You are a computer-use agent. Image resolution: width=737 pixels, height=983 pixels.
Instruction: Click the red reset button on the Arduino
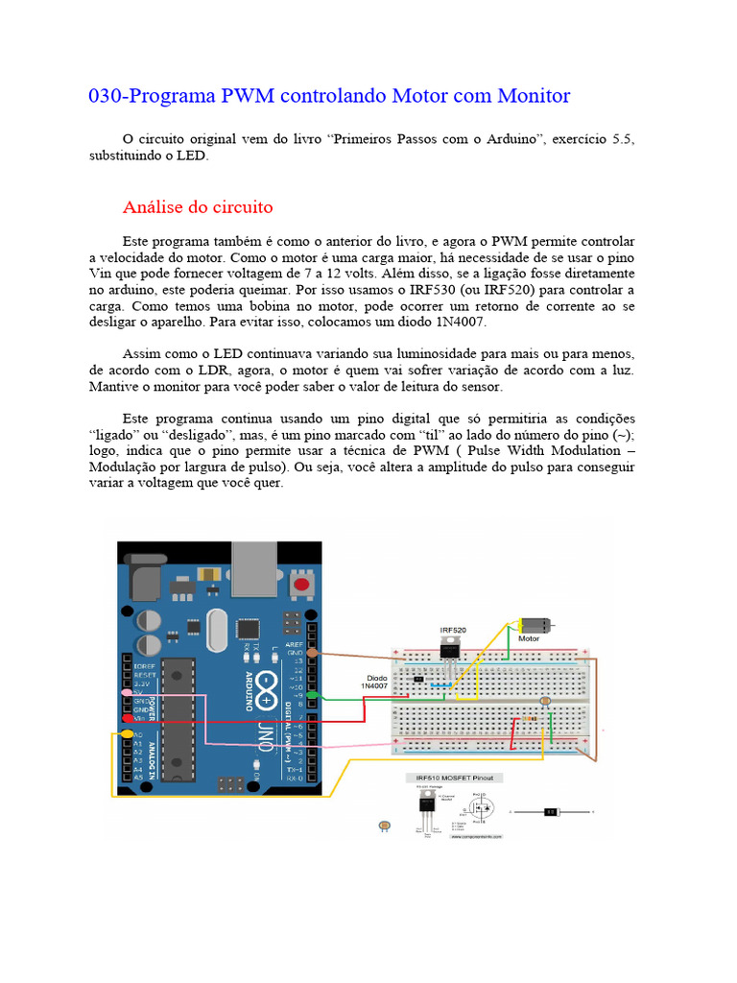click(304, 584)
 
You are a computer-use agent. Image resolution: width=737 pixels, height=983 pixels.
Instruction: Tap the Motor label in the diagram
click(529, 638)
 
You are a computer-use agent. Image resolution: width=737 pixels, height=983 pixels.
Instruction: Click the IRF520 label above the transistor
click(453, 630)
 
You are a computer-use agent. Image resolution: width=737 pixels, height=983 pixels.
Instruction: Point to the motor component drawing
click(534, 623)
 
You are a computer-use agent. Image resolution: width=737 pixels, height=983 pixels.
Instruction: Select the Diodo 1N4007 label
click(375, 681)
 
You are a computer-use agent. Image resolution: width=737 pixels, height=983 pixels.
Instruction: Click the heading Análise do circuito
click(198, 207)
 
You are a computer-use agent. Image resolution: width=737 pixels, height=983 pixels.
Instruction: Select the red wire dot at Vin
click(127, 718)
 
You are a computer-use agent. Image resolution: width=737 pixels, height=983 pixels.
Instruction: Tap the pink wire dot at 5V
click(127, 691)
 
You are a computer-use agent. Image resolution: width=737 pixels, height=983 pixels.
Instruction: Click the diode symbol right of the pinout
click(551, 812)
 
